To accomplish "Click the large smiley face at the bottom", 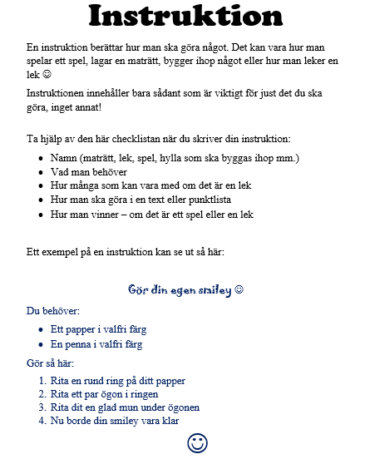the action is pos(197,444).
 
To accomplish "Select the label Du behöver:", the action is pos(53,311).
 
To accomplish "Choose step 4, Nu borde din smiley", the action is pos(120,421).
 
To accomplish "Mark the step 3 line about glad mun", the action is pos(125,407).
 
